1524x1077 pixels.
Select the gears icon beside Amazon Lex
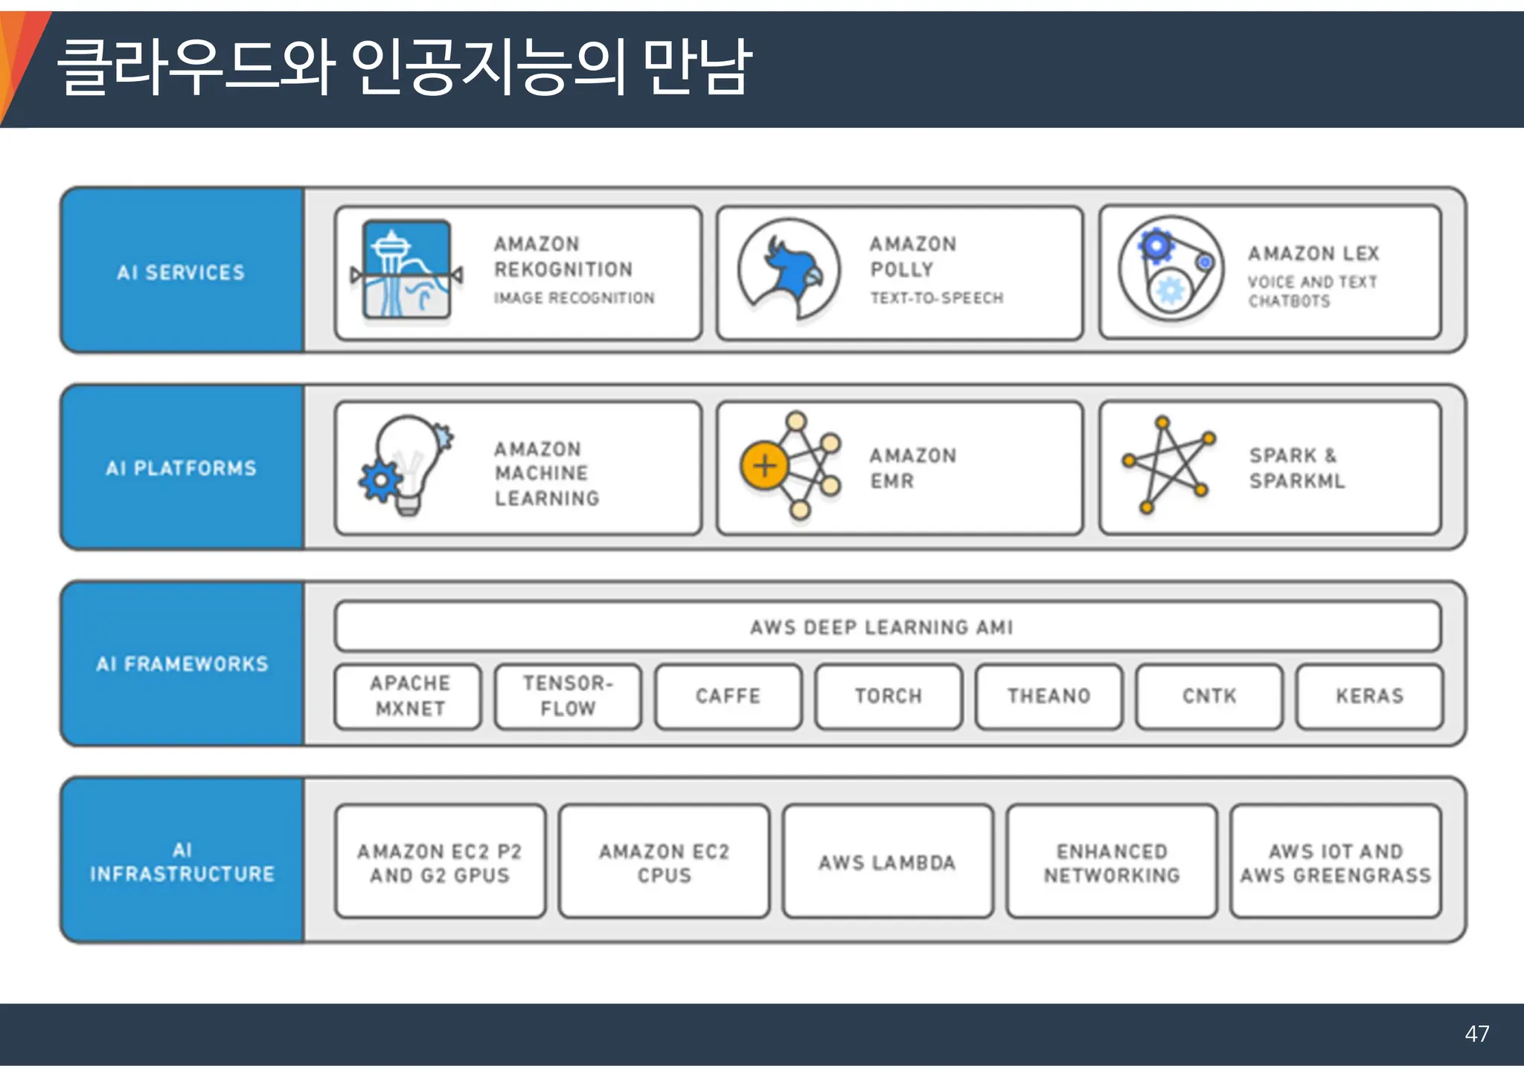point(1171,269)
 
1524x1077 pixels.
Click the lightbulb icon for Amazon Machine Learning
point(406,466)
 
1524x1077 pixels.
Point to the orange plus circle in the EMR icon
point(764,466)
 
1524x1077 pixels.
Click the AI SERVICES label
point(181,273)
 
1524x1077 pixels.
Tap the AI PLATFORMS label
point(181,469)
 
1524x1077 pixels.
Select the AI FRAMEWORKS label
point(182,664)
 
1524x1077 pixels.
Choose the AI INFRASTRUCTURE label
point(182,862)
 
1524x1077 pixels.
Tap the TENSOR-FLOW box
point(568,696)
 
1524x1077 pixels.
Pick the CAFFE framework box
point(728,696)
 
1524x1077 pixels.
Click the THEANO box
point(1048,696)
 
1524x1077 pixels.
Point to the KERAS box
point(1369,696)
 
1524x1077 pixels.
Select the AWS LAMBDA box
point(887,862)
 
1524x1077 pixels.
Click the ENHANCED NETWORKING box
point(1112,862)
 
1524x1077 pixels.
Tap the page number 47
point(1476,1034)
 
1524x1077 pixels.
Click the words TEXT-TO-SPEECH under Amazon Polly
point(937,298)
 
